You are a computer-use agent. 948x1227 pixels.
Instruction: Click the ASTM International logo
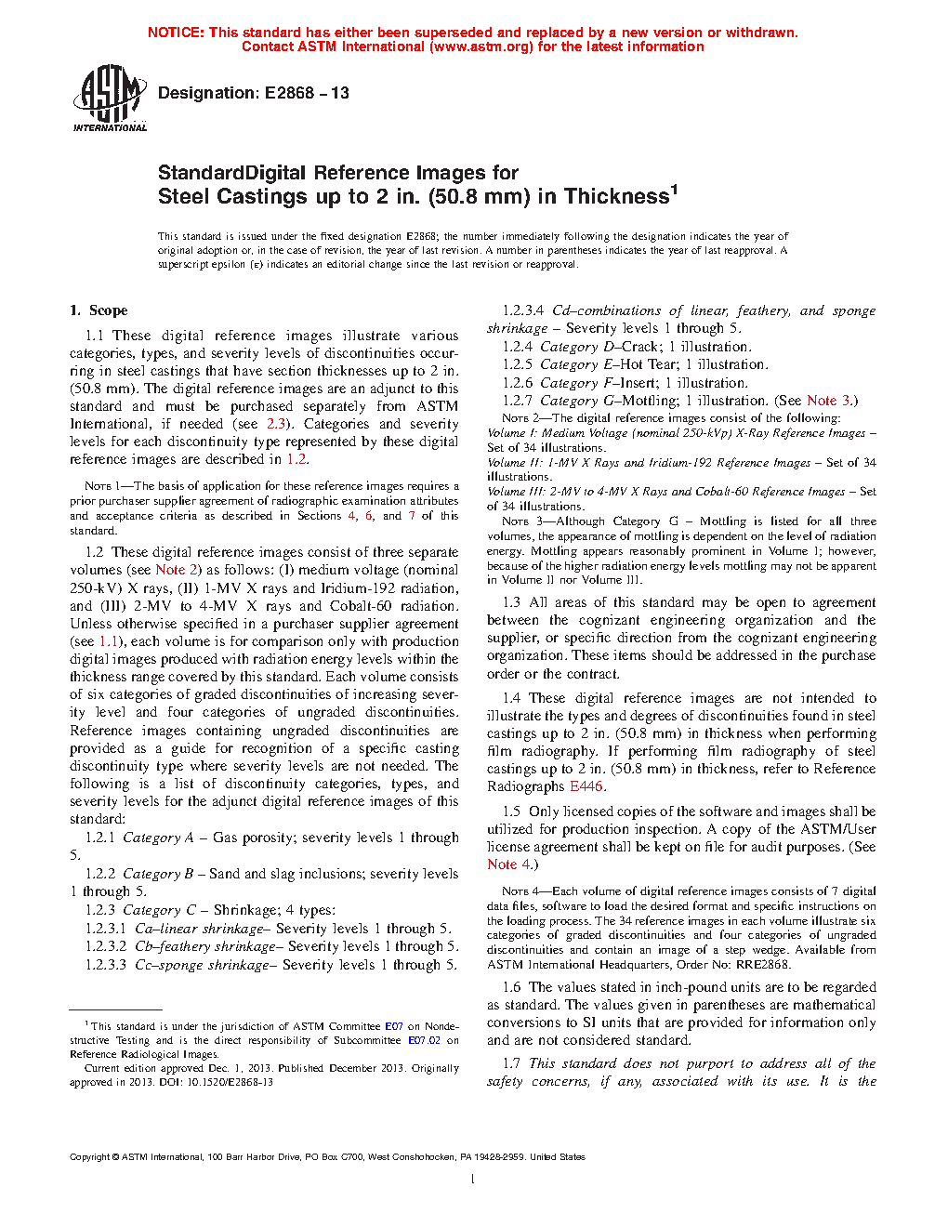tap(110, 97)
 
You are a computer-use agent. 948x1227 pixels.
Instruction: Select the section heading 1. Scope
tap(99, 310)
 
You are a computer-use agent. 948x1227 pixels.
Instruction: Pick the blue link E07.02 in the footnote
tap(424, 1040)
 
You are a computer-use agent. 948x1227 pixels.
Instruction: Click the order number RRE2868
tap(763, 965)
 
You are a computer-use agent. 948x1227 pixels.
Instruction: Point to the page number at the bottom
tap(473, 1180)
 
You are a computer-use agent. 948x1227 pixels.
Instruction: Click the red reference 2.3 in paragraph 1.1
tap(276, 424)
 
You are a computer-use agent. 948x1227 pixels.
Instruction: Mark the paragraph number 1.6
tap(511, 987)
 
